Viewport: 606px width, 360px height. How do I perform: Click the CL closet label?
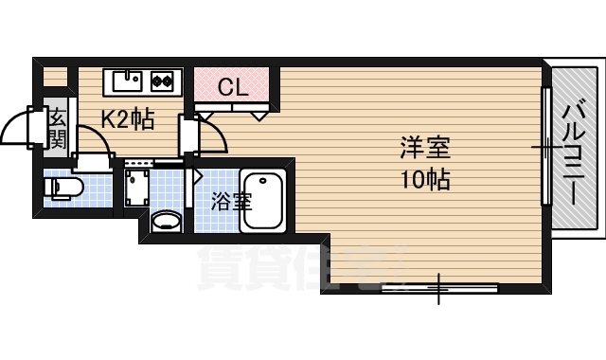point(232,88)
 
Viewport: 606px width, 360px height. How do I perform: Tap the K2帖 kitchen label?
point(128,120)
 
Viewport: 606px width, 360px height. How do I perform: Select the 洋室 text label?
point(424,149)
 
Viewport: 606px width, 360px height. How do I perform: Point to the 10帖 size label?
point(424,177)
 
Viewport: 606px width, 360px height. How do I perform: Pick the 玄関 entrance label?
point(57,129)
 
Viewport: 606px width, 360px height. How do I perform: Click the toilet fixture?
point(64,187)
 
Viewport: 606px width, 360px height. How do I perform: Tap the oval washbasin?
point(167,223)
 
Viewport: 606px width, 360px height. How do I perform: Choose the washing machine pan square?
point(140,188)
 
